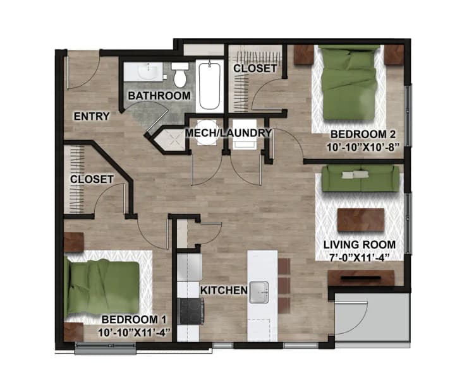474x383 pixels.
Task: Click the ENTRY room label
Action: pyautogui.click(x=92, y=116)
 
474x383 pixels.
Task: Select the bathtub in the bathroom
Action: pyautogui.click(x=209, y=86)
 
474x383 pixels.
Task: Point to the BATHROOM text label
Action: pyautogui.click(x=159, y=96)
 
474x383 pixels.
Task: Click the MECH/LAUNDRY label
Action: pyautogui.click(x=228, y=133)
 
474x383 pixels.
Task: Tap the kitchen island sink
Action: pyautogui.click(x=260, y=292)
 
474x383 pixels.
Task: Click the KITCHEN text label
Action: pyautogui.click(x=223, y=290)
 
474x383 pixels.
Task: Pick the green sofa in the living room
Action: pyautogui.click(x=360, y=178)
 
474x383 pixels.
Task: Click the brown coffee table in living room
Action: pyautogui.click(x=361, y=220)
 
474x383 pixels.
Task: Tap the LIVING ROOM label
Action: pyautogui.click(x=360, y=245)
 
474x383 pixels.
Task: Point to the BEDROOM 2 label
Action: pyautogui.click(x=363, y=134)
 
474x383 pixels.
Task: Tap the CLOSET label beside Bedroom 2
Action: pyautogui.click(x=255, y=68)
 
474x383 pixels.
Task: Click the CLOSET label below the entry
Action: pyautogui.click(x=92, y=179)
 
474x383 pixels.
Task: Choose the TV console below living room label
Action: pyautogui.click(x=361, y=278)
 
